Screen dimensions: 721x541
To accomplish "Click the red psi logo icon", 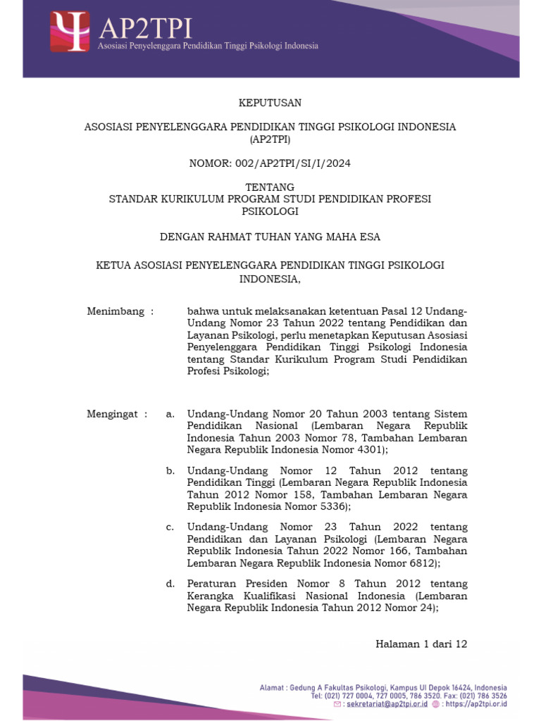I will pos(70,32).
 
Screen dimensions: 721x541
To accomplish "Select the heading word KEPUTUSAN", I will pos(270,103).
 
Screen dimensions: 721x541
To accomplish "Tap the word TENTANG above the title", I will pos(270,187).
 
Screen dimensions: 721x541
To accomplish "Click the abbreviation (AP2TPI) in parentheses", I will pos(270,139).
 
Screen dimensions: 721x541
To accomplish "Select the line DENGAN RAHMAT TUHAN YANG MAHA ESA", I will pos(270,237).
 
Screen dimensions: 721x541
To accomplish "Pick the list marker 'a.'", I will pos(170,414).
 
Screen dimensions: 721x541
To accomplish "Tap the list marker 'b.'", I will pos(170,470).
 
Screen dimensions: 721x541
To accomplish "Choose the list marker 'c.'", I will pos(170,527).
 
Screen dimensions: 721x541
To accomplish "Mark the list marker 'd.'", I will pos(170,584).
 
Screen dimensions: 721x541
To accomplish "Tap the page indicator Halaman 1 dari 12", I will pos(421,644).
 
